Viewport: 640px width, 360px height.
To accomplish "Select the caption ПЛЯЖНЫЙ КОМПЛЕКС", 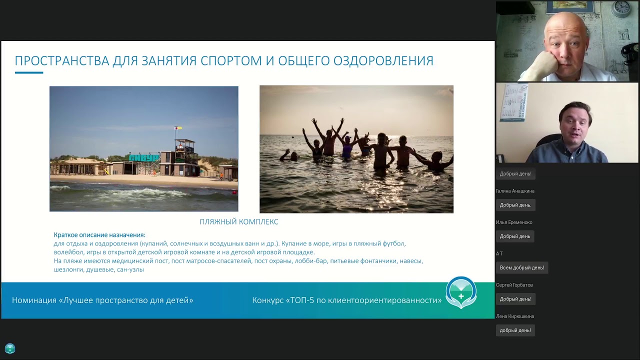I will point(239,221).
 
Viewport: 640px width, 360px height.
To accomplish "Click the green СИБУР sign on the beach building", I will point(143,157).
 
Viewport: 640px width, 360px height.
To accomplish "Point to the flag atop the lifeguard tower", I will point(176,128).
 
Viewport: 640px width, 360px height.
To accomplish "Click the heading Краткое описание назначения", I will point(99,235).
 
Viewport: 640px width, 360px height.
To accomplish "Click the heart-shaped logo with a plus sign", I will point(461,292).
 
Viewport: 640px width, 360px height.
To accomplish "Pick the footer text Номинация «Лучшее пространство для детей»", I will point(102,300).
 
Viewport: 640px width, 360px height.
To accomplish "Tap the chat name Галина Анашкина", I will point(515,191).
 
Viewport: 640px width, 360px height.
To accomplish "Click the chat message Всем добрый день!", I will point(521,267).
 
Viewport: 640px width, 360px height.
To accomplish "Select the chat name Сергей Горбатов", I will point(514,285).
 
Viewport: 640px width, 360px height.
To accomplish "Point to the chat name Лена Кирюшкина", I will point(515,316).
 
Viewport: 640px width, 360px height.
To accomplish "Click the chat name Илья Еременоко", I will point(514,222).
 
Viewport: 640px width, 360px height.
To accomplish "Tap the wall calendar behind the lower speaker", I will point(514,102).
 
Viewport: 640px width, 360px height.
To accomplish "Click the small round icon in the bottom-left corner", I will point(10,348).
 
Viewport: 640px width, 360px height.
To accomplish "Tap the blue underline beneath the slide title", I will point(29,73).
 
